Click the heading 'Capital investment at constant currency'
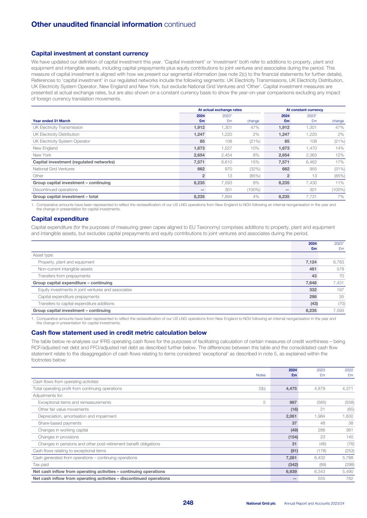tap(89, 54)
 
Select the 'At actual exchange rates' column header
tap(217, 110)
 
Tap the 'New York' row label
tap(42, 155)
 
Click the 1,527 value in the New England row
tap(226, 148)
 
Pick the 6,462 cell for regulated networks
tap(311, 162)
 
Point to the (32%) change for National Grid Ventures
tap(252, 169)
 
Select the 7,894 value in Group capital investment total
tap(226, 197)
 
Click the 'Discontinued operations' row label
tap(55, 190)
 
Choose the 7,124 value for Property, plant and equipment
tap(311, 262)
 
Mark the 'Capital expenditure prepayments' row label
tap(69, 297)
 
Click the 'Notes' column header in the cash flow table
tap(260, 375)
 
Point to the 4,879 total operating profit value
tap(318, 389)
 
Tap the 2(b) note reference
tap(262, 389)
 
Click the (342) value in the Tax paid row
tap(291, 464)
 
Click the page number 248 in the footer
tap(188, 503)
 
